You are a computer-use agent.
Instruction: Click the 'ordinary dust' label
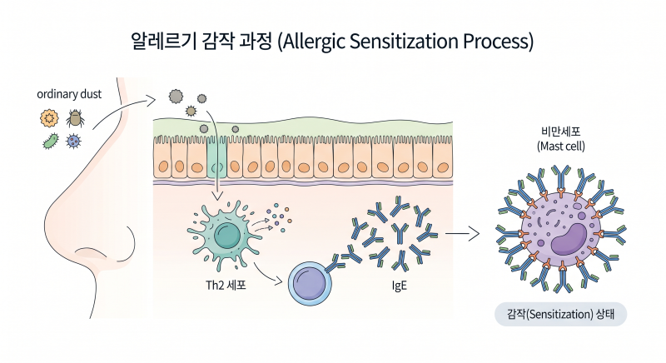(x=69, y=94)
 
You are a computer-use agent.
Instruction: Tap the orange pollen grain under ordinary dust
(x=49, y=118)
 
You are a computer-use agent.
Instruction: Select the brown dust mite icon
(x=75, y=118)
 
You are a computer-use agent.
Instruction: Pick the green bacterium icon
(x=51, y=141)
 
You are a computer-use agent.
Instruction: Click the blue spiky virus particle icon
(x=74, y=141)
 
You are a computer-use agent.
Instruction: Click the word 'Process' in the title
(x=495, y=41)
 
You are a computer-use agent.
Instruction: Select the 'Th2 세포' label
(x=226, y=285)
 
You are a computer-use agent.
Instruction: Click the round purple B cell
(x=310, y=284)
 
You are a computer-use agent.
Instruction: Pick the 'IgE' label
(x=400, y=286)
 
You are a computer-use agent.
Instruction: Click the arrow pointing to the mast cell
(x=462, y=233)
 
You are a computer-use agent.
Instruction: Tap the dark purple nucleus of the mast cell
(x=569, y=240)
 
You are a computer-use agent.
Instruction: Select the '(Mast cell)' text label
(x=560, y=147)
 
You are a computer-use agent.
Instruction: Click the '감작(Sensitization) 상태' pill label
(x=560, y=314)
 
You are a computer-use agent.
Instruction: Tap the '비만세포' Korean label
(x=560, y=132)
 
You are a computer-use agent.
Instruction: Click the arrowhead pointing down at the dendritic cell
(x=217, y=196)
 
